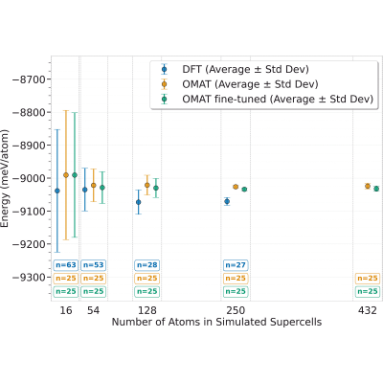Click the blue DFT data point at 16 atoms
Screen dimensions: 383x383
[x=57, y=191]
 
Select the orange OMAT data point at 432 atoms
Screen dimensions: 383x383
[x=368, y=186]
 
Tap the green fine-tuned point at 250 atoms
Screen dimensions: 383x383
[x=244, y=190]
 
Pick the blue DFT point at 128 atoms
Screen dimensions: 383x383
[x=139, y=202]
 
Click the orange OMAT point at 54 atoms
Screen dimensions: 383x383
[x=94, y=185]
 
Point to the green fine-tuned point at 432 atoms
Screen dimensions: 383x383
[x=376, y=189]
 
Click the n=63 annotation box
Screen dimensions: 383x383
[x=66, y=265]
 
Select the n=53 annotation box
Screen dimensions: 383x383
[x=93, y=265]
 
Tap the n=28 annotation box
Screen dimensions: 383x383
[x=147, y=265]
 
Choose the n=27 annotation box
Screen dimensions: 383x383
[x=236, y=265]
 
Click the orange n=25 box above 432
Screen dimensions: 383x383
[x=368, y=279]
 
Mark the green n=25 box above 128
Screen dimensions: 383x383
[x=147, y=291]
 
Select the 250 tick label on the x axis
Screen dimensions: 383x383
[x=236, y=310]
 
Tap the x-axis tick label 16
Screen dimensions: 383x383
[x=66, y=310]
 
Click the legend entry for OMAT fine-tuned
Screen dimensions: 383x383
[x=267, y=100]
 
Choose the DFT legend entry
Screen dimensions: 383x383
[x=236, y=70]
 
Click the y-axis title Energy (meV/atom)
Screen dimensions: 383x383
[x=5, y=178]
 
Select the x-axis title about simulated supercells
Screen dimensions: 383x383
[x=216, y=322]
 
